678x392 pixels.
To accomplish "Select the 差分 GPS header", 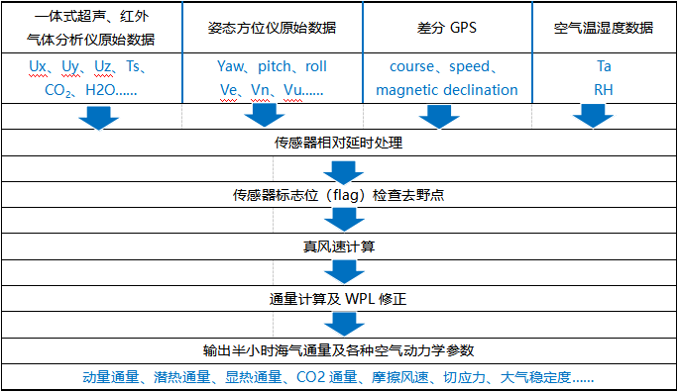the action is (x=447, y=28).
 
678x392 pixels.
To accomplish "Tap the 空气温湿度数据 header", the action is (x=604, y=28).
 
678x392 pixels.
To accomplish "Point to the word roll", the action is (x=315, y=67).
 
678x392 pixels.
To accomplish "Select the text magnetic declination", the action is (x=447, y=90).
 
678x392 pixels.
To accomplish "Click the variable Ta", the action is (x=604, y=67).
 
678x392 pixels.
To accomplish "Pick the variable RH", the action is (x=604, y=90).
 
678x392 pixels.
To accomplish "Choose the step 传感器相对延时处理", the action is (x=339, y=143).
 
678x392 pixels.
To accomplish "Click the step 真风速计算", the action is (x=339, y=245).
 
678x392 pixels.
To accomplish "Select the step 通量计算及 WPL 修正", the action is (x=339, y=298).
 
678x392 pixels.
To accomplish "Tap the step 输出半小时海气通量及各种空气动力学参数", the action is (x=339, y=350).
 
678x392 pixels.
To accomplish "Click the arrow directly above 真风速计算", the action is (x=340, y=220).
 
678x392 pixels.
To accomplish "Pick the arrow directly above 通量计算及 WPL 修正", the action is (x=340, y=271).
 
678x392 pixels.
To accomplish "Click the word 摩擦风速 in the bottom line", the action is (x=418, y=377).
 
